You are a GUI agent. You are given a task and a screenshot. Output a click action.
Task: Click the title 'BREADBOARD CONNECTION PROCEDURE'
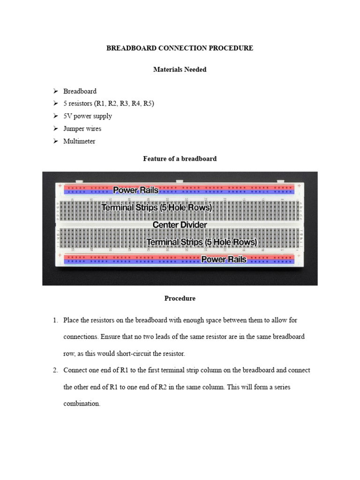coord(180,48)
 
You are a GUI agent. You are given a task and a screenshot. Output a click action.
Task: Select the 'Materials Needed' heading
coord(180,69)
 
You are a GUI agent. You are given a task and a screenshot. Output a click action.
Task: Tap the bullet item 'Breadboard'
coord(80,91)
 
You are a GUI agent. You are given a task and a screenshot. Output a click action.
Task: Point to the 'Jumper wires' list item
coord(82,128)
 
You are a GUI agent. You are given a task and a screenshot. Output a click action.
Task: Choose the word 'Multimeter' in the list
coord(79,141)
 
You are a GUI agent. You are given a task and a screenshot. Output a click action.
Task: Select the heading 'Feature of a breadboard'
coord(180,159)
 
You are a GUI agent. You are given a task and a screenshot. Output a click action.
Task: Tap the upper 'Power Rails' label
coord(135,190)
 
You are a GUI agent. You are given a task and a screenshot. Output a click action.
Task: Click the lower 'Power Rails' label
coord(224,259)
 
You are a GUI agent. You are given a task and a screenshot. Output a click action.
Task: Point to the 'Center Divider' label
coord(180,225)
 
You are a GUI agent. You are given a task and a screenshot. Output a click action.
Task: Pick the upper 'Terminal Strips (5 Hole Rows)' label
coord(157,207)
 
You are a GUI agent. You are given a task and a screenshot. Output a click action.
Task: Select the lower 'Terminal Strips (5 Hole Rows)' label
coord(202,242)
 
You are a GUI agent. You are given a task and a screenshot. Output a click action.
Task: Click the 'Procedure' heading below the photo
coord(180,298)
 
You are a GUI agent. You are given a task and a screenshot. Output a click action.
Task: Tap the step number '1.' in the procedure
coord(55,320)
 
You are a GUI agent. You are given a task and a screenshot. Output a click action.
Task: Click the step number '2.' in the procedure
coord(55,370)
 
